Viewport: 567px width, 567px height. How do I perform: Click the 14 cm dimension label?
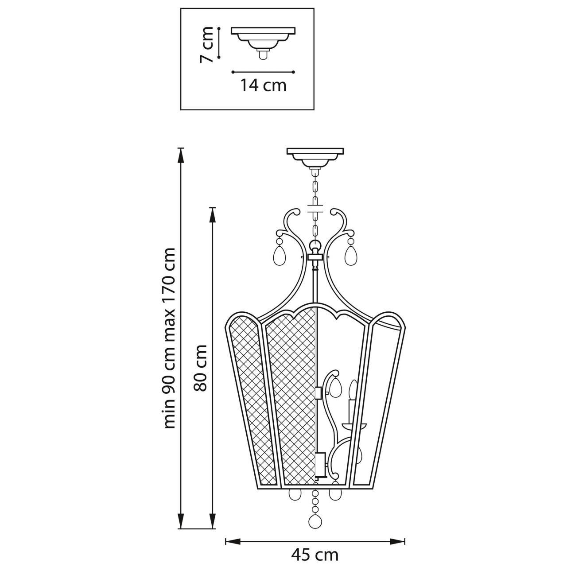click(x=263, y=85)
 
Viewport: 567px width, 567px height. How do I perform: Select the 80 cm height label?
click(x=200, y=368)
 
